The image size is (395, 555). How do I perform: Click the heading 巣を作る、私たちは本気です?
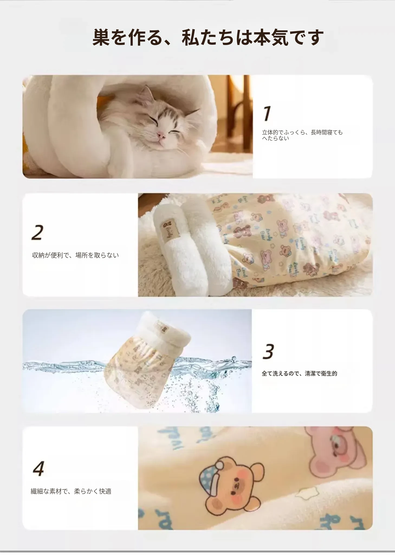click(208, 37)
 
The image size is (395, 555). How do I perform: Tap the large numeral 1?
click(267, 113)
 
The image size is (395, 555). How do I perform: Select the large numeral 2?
click(37, 233)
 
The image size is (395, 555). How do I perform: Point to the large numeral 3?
click(268, 351)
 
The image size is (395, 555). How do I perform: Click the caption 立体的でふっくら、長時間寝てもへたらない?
click(302, 135)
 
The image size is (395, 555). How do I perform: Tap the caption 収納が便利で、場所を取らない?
click(75, 255)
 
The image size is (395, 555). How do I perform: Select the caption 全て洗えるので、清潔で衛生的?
click(299, 373)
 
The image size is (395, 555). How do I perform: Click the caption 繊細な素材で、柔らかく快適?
click(71, 491)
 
